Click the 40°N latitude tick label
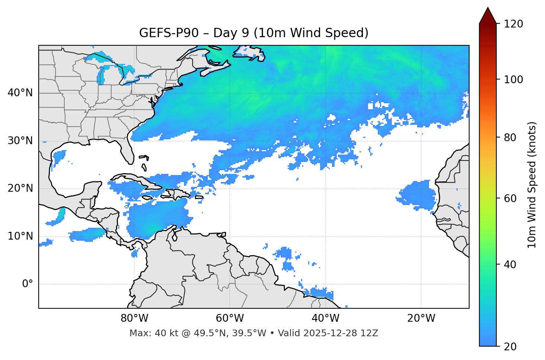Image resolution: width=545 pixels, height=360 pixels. point(20,93)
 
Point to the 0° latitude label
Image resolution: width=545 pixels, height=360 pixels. point(28,284)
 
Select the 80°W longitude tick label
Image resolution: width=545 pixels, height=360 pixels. point(134,318)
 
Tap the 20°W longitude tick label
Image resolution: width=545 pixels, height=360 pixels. point(421,318)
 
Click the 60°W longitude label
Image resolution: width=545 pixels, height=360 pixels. point(230,318)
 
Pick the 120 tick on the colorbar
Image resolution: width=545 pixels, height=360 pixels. point(513,24)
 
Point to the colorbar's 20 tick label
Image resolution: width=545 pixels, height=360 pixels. point(510,347)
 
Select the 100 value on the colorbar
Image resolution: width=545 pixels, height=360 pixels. point(513,80)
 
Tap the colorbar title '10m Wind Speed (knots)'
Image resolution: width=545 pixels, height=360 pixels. point(532,185)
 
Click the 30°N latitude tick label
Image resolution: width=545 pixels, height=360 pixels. point(20,141)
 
